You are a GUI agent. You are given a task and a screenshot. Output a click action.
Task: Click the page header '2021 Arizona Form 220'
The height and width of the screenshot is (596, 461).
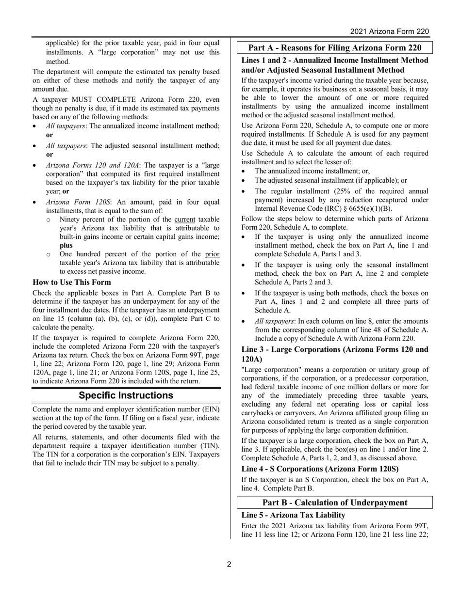click(x=390, y=31)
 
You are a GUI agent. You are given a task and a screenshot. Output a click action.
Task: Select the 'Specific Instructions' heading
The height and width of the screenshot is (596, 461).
click(x=126, y=395)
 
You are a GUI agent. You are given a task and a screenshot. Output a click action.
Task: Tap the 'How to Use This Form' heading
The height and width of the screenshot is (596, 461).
click(x=72, y=282)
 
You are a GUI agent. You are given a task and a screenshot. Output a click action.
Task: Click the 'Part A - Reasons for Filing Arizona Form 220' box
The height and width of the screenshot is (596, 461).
click(x=334, y=47)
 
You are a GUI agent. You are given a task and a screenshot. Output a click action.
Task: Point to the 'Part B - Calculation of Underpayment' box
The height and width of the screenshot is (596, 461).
click(x=334, y=502)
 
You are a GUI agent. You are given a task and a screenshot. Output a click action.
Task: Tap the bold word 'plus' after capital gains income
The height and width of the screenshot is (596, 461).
click(x=66, y=245)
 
